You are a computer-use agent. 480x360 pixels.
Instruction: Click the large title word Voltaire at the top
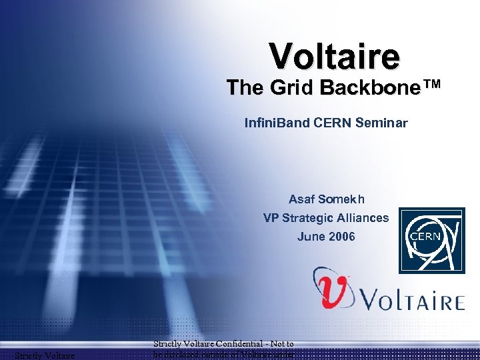pos(335,57)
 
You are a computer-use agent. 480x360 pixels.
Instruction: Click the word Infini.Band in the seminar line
pos(272,123)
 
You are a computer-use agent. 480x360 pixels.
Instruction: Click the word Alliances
pos(363,218)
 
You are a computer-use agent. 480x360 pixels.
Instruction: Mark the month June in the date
pos(310,237)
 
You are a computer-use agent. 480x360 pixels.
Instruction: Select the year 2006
pos(342,237)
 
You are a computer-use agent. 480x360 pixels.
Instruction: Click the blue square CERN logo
pos(431,240)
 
